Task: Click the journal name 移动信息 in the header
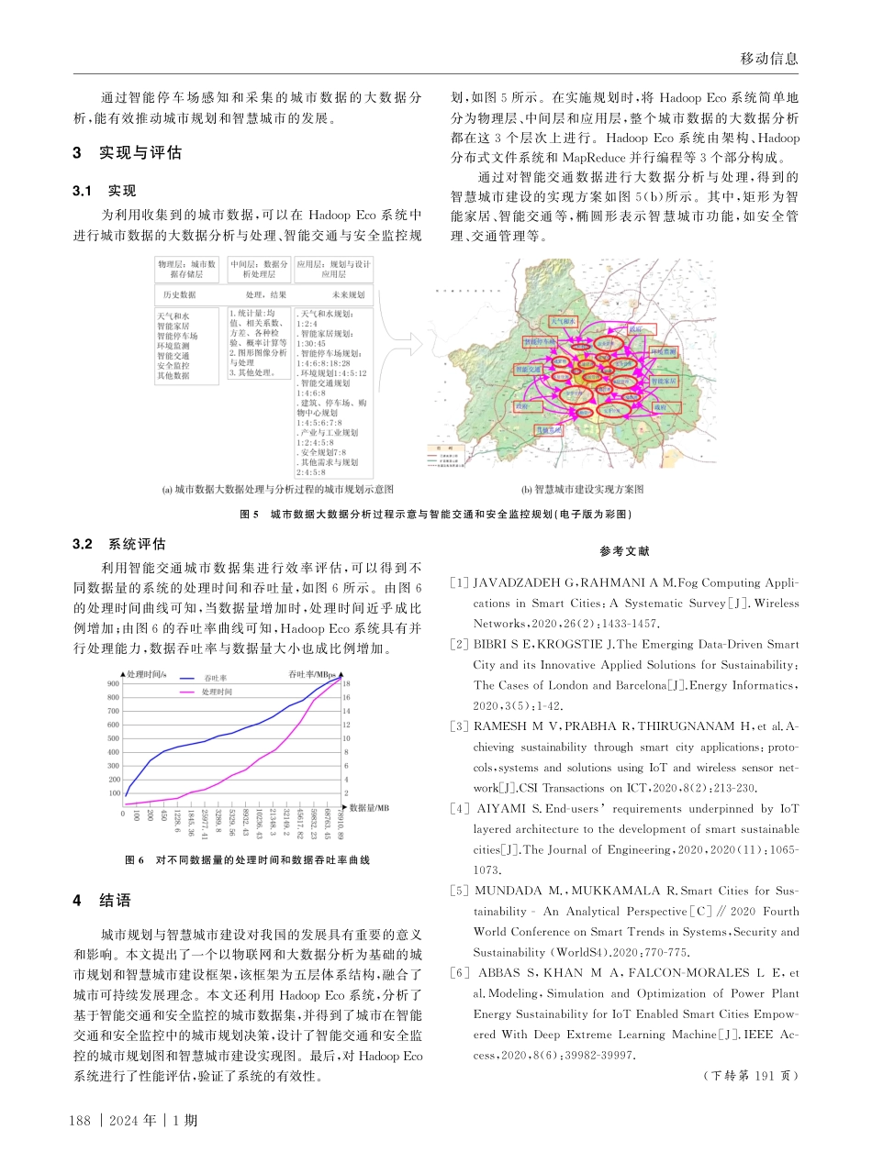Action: pos(768,59)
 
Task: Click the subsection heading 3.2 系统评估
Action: pos(117,544)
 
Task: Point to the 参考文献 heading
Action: pos(624,551)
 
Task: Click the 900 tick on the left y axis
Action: pos(113,683)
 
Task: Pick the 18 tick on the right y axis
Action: pos(345,683)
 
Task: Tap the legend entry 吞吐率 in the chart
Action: pos(215,678)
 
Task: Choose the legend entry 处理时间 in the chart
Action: pos(217,691)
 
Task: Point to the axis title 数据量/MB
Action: pos(370,807)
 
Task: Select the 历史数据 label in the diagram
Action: pos(180,295)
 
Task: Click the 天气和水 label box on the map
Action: pos(563,322)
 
